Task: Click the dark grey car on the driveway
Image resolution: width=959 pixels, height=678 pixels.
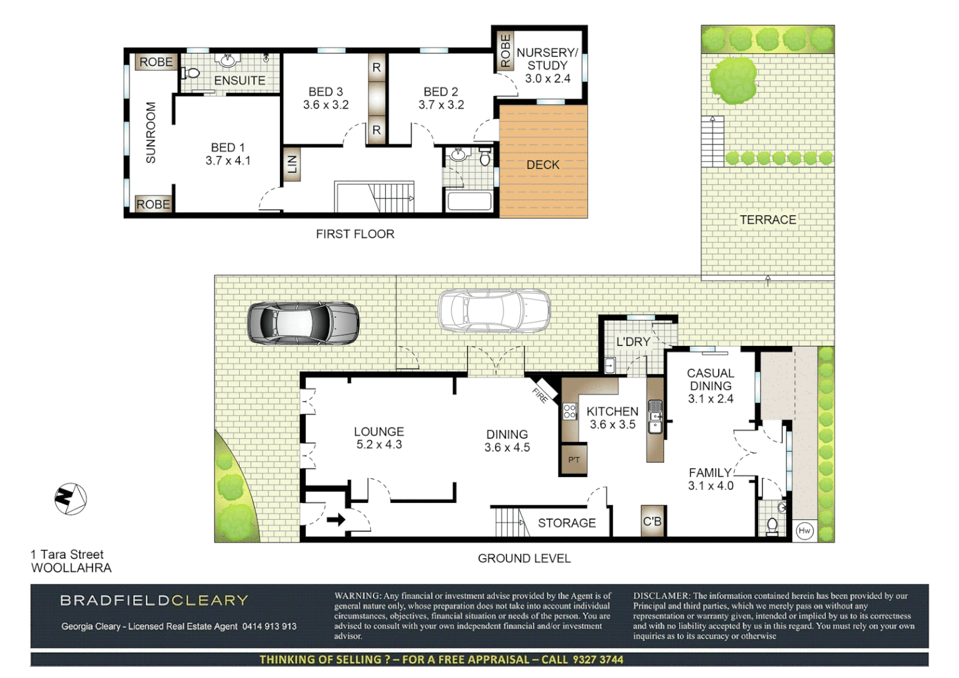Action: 303,323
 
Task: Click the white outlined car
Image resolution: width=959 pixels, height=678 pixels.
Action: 494,310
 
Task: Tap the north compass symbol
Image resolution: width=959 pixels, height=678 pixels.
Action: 70,499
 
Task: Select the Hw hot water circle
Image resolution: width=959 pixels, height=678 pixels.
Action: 804,530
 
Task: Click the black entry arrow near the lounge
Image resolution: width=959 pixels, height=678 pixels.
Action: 336,519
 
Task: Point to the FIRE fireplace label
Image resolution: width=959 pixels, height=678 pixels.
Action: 540,395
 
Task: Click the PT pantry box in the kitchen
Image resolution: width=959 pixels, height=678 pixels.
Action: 574,460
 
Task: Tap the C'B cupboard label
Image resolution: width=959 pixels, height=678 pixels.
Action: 652,521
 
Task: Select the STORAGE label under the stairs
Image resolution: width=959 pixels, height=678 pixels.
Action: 566,523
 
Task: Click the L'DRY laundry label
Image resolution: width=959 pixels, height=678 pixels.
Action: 633,342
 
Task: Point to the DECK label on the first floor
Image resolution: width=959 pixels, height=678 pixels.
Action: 543,164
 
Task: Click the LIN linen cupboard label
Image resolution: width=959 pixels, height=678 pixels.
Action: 292,164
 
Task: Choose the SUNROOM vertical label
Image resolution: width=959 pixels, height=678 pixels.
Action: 151,133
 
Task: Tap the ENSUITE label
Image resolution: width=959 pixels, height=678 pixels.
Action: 239,80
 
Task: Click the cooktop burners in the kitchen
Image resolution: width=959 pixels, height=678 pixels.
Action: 570,411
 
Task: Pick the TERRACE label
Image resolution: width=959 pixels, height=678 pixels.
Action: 767,220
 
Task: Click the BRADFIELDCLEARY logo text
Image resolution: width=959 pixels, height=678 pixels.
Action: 154,600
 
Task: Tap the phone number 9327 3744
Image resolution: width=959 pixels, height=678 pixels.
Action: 597,659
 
